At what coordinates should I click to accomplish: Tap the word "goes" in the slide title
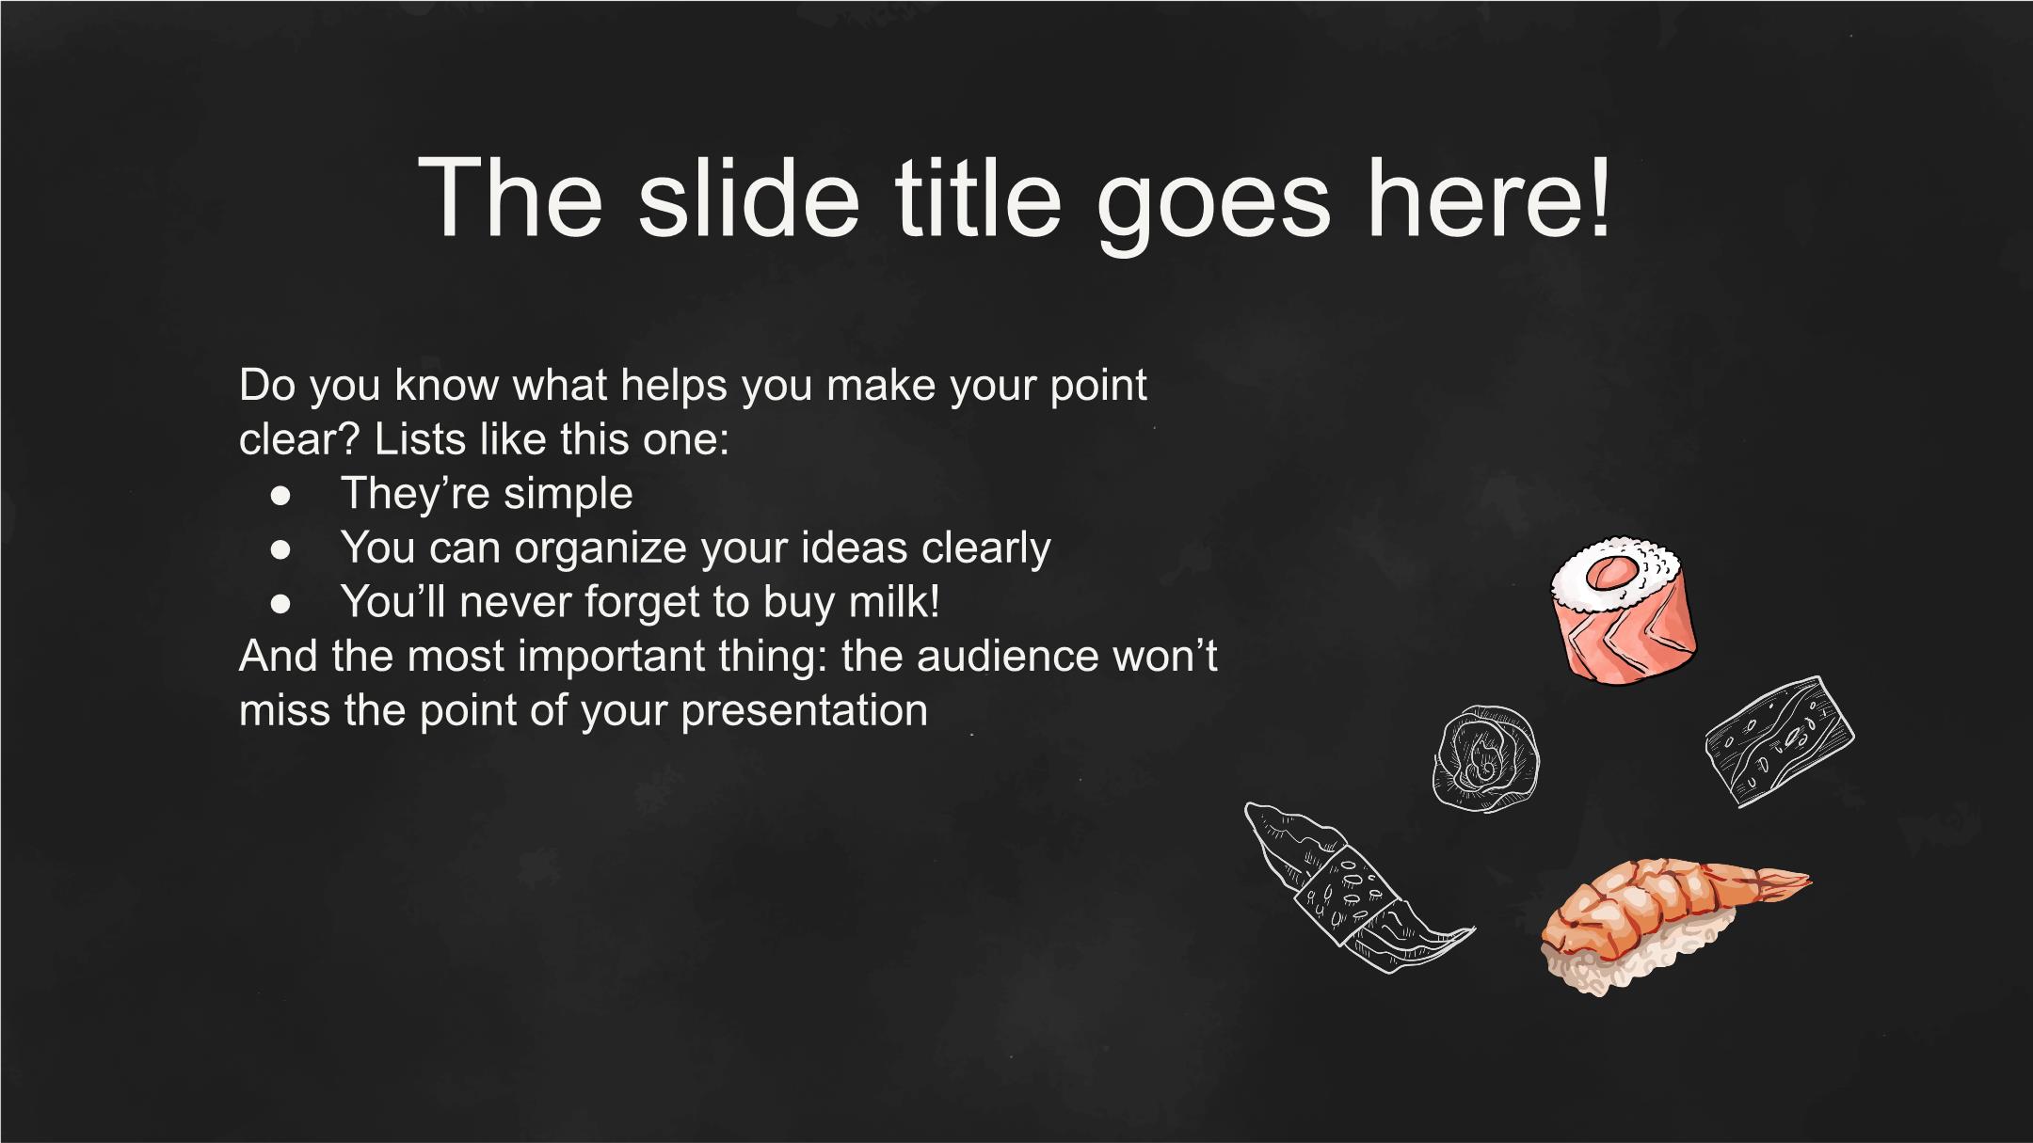[1214, 209]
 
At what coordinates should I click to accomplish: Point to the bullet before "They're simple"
[280, 495]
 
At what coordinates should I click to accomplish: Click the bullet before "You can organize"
[280, 549]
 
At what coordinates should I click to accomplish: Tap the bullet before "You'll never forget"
[280, 604]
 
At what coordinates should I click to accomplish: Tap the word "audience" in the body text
[1008, 656]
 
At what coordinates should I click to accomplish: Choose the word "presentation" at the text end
[805, 712]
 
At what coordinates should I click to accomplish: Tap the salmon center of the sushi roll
[1612, 572]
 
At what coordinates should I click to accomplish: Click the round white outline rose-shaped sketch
[1486, 759]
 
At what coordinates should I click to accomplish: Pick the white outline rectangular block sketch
[1779, 741]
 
